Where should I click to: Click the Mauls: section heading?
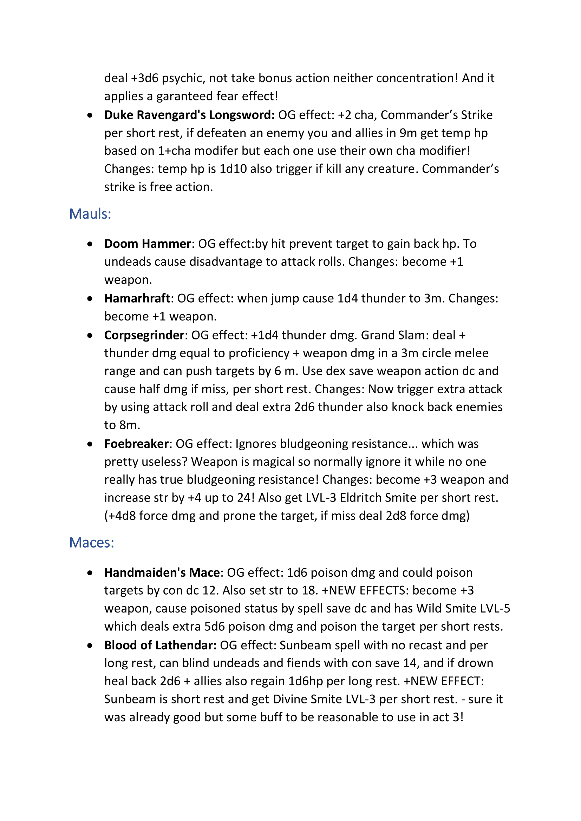(90, 214)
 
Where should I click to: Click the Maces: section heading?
(92, 543)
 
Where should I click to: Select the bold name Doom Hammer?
(148, 244)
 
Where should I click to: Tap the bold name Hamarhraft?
(137, 298)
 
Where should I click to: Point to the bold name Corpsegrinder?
(144, 336)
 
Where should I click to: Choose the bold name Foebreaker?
(136, 444)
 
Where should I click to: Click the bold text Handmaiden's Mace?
(162, 573)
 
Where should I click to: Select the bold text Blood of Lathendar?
(160, 645)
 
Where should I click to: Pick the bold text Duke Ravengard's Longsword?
(189, 115)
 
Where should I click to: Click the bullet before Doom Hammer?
(90, 244)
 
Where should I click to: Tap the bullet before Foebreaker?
(90, 444)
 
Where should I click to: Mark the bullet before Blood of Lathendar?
(90, 646)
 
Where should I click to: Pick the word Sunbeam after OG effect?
(302, 645)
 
